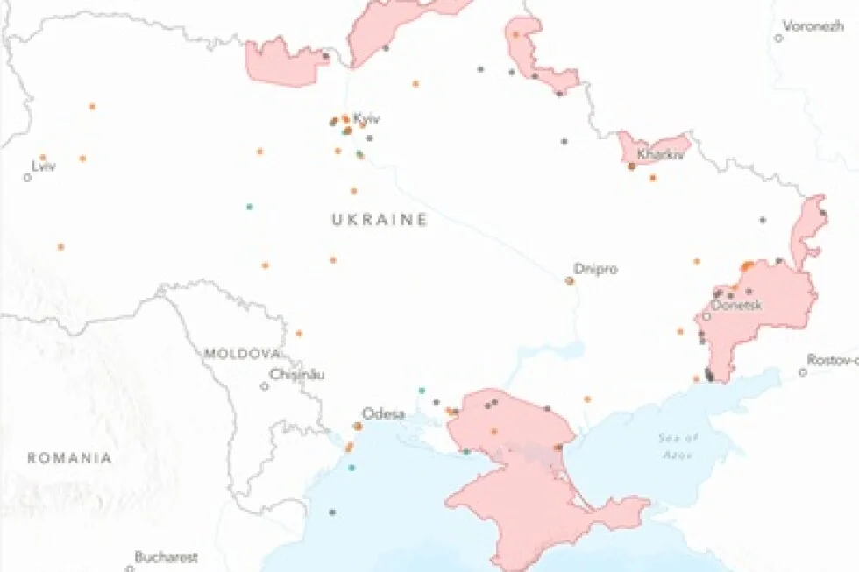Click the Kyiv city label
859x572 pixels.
coord(366,118)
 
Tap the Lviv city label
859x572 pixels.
coord(43,166)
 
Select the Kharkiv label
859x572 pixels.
coord(660,154)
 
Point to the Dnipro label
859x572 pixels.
coord(595,269)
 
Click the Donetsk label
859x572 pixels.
coord(736,306)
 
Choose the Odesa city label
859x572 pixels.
coord(383,413)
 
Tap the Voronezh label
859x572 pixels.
coord(813,26)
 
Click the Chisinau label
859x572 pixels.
coord(297,374)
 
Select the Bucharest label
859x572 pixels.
coord(166,556)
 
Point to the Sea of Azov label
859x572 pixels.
coord(679,442)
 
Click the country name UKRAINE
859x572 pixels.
coord(380,220)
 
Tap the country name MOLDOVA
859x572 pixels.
coord(242,354)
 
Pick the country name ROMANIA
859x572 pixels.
coord(69,457)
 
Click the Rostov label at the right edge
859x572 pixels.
coord(834,360)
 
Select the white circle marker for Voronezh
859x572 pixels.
coord(778,38)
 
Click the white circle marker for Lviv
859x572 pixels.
coord(27,178)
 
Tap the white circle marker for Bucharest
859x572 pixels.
coord(130,568)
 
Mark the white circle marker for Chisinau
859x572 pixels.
coord(265,385)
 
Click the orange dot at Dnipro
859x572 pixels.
coord(570,280)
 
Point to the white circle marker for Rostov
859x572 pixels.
coord(803,372)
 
